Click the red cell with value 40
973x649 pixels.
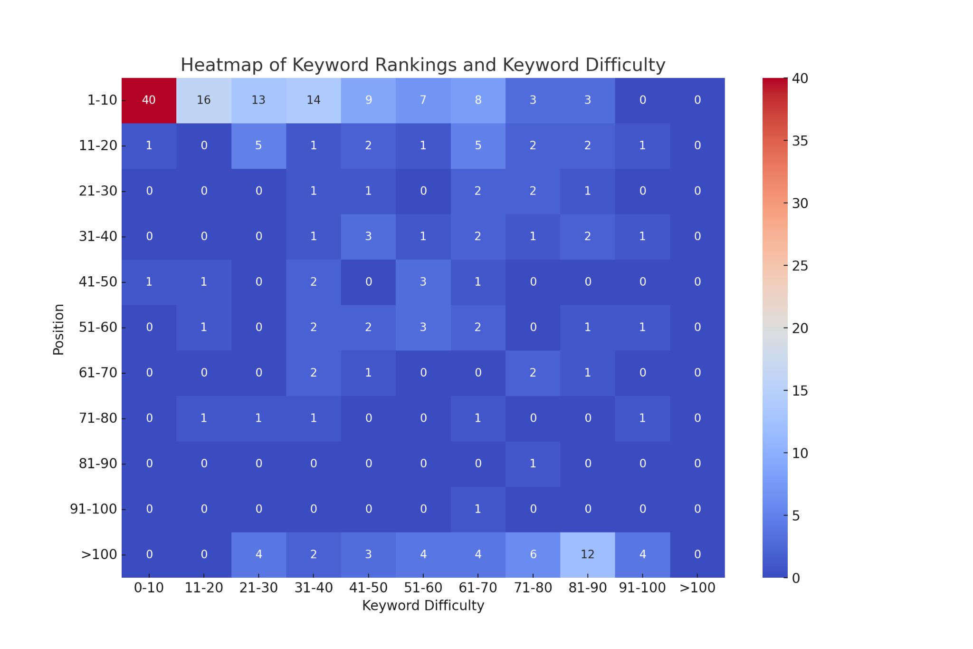point(149,100)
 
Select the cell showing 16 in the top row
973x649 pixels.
point(204,100)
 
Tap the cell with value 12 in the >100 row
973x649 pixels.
point(587,554)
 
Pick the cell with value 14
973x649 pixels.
point(313,100)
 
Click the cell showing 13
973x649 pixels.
point(258,100)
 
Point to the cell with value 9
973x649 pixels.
point(368,100)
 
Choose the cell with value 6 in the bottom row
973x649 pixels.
point(533,554)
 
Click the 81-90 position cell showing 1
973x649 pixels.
point(533,464)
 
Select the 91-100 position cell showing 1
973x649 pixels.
point(477,509)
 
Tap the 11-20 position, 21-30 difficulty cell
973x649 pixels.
point(258,145)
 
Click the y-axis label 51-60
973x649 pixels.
point(98,328)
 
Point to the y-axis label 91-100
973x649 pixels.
point(93,509)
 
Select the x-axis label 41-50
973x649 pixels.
point(368,588)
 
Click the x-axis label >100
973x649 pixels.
point(697,588)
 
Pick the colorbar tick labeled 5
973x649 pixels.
point(796,516)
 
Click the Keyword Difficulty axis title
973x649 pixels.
point(423,606)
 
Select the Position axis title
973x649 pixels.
point(58,329)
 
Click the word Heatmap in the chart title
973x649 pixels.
point(212,65)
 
